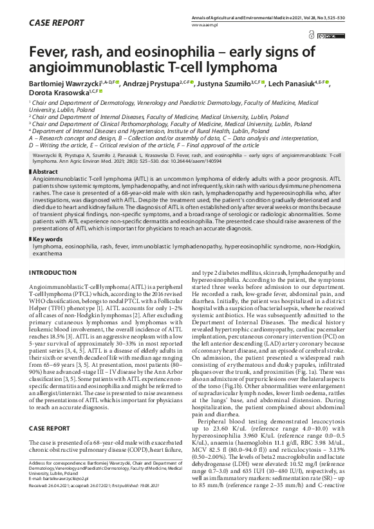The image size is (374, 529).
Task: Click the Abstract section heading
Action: (48, 172)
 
